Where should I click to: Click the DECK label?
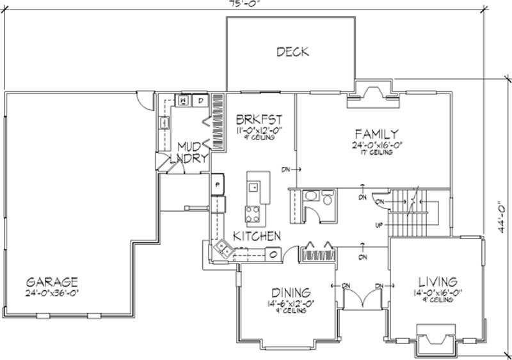click(x=292, y=52)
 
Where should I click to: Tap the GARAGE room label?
click(x=52, y=281)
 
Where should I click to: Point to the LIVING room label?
click(x=438, y=281)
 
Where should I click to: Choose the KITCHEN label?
click(x=257, y=237)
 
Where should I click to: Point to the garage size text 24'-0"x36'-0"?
click(x=53, y=293)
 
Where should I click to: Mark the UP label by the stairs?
click(x=379, y=225)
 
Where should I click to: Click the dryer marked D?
click(x=200, y=101)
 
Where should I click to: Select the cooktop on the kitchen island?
click(x=253, y=212)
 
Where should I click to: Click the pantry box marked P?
click(x=218, y=184)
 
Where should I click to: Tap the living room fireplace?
click(x=437, y=337)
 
